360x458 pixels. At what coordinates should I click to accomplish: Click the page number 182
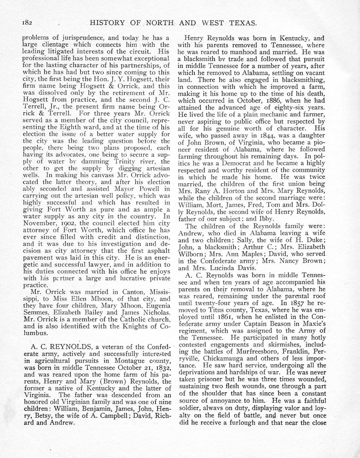pyautogui.click(x=28, y=23)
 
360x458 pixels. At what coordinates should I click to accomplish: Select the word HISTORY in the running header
pyautogui.click(x=107, y=23)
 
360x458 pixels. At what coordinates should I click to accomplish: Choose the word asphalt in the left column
pyautogui.click(x=158, y=251)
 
